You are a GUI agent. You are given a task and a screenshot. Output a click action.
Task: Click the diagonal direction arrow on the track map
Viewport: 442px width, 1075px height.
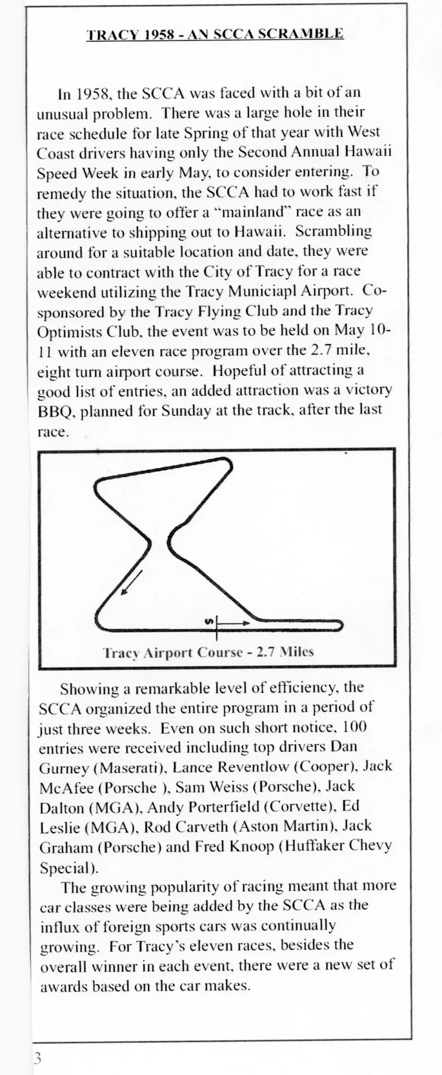click(132, 582)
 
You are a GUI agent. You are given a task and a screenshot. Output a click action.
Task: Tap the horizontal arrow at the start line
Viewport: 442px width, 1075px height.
click(234, 623)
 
